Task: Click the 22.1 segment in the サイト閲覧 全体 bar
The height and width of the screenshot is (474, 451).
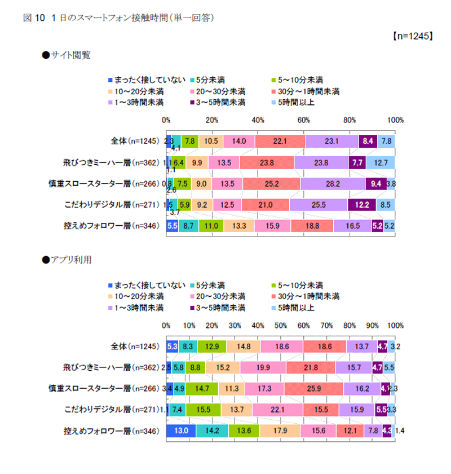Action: pos(280,142)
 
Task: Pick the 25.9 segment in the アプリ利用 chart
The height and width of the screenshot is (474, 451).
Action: pos(313,388)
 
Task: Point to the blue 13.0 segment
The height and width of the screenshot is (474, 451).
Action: pos(181,431)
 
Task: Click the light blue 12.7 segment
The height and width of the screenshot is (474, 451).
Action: pos(380,163)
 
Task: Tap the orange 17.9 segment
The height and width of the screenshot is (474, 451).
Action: pos(280,431)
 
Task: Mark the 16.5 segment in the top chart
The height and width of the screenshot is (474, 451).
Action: pos(352,226)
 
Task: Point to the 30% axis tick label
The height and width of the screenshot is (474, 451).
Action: pos(235,326)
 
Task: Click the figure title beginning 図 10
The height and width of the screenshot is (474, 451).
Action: pos(118,17)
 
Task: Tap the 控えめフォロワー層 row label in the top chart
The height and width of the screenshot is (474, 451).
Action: pos(107,226)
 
